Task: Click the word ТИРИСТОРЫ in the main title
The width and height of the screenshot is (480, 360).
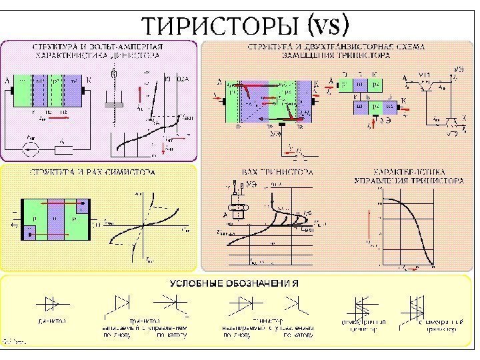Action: click(x=221, y=25)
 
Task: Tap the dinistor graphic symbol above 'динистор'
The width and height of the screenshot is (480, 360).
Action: click(x=52, y=305)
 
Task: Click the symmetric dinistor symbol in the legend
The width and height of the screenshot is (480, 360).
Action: click(x=363, y=306)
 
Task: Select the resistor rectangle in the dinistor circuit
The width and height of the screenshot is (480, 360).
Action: click(x=62, y=148)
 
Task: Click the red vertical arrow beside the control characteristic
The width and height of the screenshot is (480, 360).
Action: click(x=369, y=226)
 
